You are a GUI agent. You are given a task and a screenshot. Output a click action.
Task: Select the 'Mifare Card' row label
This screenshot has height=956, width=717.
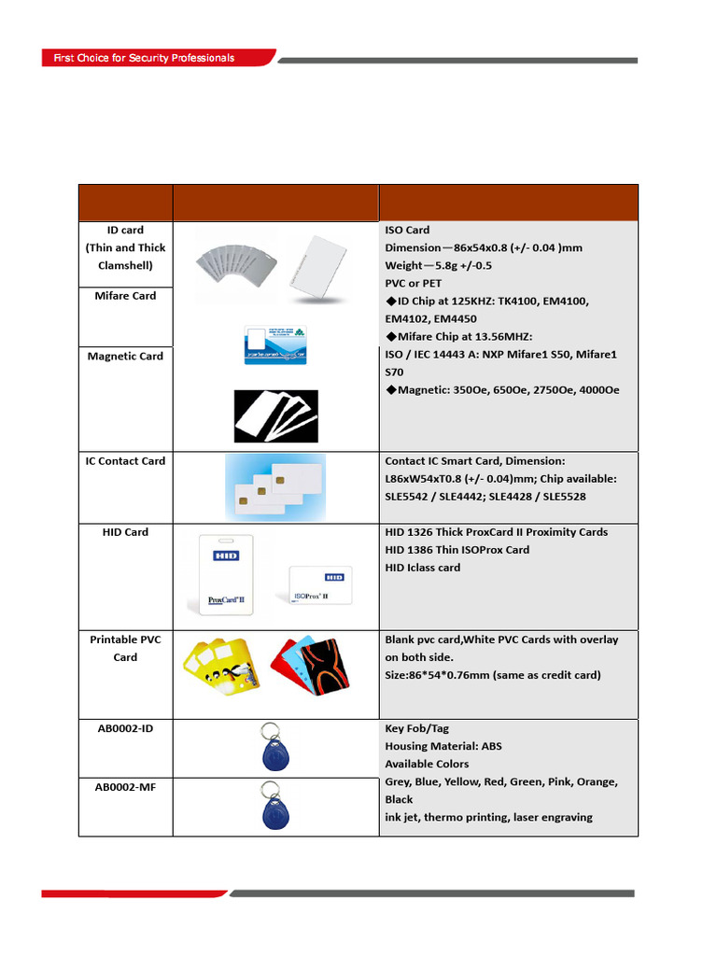(125, 296)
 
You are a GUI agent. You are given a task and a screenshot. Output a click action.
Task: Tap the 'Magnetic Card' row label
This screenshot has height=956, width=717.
(125, 357)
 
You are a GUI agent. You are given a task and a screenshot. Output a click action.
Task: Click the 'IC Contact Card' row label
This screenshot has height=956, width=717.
(125, 461)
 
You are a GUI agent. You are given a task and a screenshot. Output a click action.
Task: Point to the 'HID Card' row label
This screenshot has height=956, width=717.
(125, 532)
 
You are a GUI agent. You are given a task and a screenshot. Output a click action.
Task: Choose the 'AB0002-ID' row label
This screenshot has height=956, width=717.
(125, 728)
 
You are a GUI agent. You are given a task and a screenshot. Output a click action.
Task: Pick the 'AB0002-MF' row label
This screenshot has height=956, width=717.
(125, 787)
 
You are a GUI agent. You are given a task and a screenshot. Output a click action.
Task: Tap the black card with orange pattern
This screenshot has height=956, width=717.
(323, 667)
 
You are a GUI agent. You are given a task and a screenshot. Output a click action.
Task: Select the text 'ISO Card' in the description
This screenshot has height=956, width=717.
(407, 230)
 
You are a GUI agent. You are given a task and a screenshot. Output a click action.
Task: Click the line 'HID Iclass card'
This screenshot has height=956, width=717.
(422, 568)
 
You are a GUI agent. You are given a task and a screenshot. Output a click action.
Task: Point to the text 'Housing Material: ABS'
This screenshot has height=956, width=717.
(443, 746)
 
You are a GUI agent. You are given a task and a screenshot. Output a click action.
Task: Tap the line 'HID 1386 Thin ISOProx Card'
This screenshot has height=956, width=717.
(457, 550)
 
